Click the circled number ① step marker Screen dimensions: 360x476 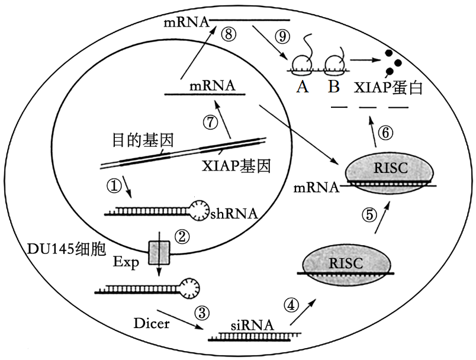(114, 186)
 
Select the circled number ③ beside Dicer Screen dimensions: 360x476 (202, 312)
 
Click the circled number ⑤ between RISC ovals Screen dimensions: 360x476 (370, 215)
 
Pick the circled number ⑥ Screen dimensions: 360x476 (385, 134)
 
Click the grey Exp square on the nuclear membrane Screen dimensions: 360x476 (159, 252)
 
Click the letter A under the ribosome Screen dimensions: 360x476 (303, 87)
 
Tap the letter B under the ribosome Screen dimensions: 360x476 (334, 87)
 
